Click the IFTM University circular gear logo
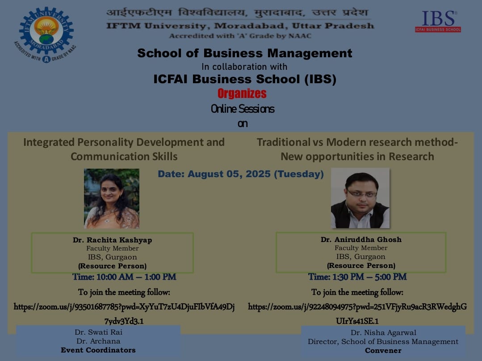46,35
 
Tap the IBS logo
438,21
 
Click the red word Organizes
242,93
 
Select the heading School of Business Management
245,53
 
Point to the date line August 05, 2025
241,174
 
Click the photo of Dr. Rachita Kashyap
112,199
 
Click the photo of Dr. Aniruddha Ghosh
360,198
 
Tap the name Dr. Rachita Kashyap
113,240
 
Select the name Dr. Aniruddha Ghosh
361,239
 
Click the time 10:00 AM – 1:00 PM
124,277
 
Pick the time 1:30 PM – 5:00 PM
357,276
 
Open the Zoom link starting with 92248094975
357,314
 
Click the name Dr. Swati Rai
98,332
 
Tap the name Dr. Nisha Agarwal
383,333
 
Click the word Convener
383,351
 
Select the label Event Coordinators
98,350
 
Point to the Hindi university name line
237,13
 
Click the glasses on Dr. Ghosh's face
362,194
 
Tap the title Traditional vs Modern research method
357,142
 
